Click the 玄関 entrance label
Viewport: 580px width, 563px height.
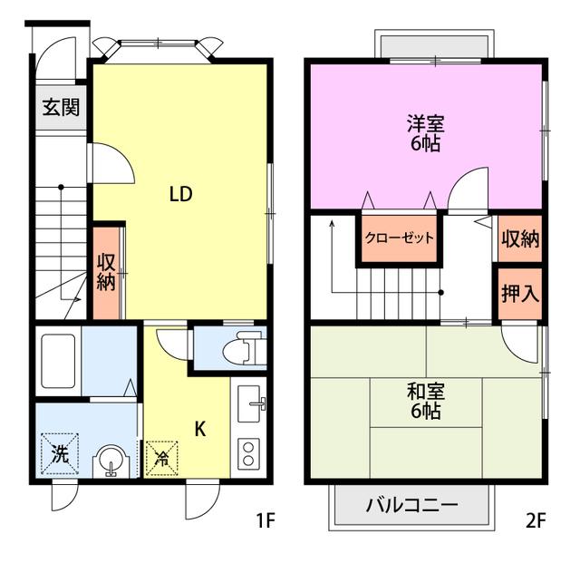(61, 107)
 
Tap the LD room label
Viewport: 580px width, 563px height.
(181, 194)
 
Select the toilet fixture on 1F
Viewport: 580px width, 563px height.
(245, 347)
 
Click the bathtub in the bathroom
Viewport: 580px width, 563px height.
(58, 361)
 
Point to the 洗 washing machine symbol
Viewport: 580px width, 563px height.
(60, 453)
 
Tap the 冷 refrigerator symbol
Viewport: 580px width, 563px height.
(162, 458)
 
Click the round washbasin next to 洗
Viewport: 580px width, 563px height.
(111, 461)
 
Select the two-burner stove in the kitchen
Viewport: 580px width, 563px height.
(248, 454)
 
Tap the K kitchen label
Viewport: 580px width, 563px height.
(200, 430)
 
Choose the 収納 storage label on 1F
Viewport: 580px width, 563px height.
(106, 272)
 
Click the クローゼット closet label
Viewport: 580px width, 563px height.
(399, 238)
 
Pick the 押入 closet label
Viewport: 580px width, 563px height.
(520, 293)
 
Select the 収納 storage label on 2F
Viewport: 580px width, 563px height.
(520, 238)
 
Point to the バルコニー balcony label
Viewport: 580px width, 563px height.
(412, 505)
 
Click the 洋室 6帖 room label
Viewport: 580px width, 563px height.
(426, 133)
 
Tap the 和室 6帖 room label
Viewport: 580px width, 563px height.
(426, 401)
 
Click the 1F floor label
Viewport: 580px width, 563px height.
(266, 521)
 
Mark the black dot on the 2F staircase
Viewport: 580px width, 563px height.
(440, 293)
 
